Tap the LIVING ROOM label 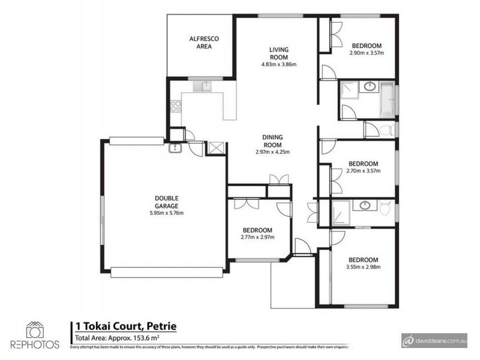click(279, 53)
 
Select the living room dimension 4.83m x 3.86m click(279, 64)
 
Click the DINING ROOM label click(272, 140)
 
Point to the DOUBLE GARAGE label click(166, 202)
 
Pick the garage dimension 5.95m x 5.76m click(166, 213)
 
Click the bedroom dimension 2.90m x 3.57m click(366, 53)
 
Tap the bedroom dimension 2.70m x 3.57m click(363, 170)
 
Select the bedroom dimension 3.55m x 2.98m click(363, 267)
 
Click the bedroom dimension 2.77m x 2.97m click(257, 237)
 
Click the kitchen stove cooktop click(176, 107)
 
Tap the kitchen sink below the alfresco click(205, 87)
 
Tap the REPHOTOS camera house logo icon click(34, 329)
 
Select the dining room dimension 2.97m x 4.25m click(272, 152)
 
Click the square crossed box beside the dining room click(214, 148)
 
